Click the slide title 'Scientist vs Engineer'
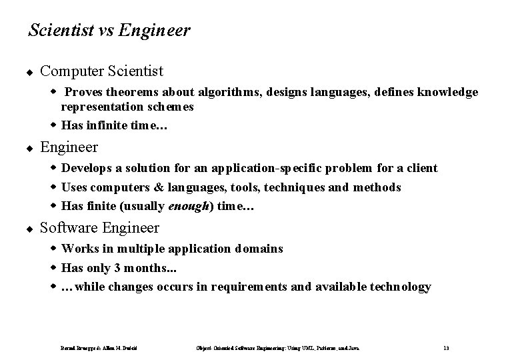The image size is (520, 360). click(109, 31)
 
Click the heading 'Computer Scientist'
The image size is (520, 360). click(101, 70)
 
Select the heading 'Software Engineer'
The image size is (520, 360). click(99, 228)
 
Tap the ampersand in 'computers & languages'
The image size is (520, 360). click(151, 187)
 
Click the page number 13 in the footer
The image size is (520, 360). click(445, 347)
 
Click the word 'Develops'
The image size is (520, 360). click(86, 168)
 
